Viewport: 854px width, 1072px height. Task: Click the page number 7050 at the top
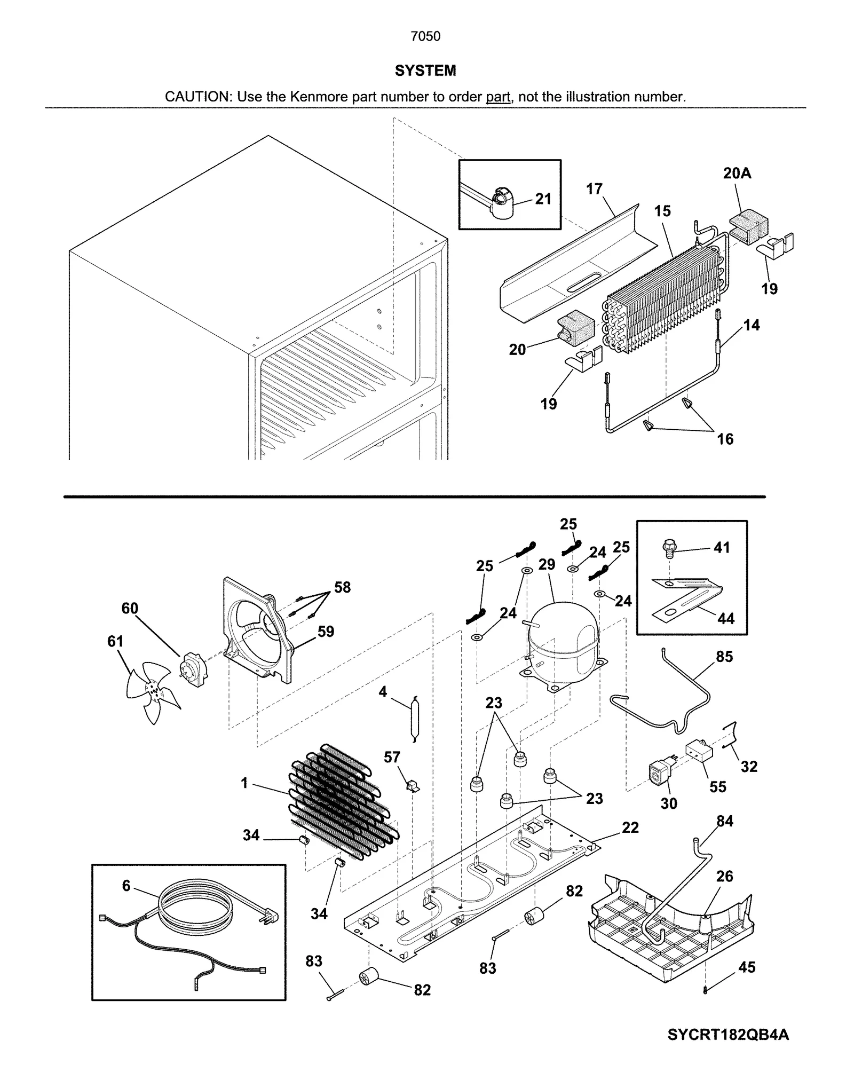point(425,36)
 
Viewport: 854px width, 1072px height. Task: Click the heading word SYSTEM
point(425,70)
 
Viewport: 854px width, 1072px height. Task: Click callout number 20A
point(737,173)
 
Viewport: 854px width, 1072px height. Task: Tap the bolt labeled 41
point(668,548)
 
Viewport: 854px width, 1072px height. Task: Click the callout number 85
point(724,657)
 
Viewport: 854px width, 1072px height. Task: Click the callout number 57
point(392,757)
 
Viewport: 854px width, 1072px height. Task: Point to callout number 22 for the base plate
point(630,827)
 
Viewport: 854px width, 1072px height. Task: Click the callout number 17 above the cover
point(594,189)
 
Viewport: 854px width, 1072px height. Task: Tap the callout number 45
point(746,967)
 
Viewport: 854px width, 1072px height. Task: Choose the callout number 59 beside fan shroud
point(326,632)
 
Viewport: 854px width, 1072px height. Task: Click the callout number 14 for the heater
point(752,325)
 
